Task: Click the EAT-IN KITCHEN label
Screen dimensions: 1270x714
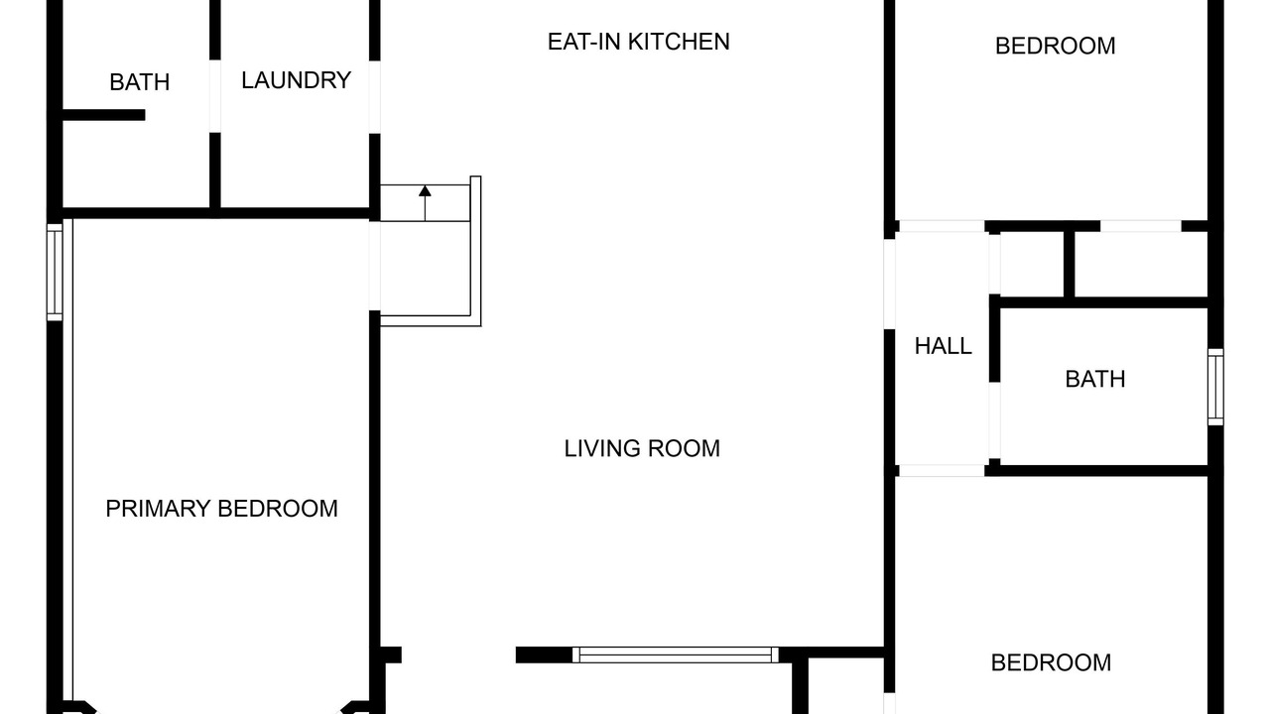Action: (x=638, y=42)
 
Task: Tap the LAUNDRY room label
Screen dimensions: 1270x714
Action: (x=296, y=80)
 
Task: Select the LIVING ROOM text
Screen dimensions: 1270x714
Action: (x=642, y=449)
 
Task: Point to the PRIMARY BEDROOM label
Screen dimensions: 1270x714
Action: (x=221, y=509)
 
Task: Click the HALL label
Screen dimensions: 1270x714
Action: (x=944, y=346)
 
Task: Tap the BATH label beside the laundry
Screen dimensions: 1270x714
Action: (x=140, y=82)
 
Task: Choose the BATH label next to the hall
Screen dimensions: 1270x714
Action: (x=1095, y=380)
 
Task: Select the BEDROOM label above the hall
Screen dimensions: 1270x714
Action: (x=1055, y=47)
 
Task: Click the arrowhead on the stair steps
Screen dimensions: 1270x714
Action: (x=425, y=191)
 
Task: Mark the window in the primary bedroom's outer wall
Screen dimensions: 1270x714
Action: (x=55, y=272)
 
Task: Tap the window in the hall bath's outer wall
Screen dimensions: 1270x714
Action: (x=1215, y=387)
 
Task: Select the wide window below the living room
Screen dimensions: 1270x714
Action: (x=676, y=655)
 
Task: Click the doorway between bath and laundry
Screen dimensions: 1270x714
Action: (x=215, y=96)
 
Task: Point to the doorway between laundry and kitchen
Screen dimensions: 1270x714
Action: (x=375, y=97)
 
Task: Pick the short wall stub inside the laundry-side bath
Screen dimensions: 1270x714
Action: (x=103, y=115)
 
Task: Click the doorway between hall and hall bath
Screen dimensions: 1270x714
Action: (x=994, y=421)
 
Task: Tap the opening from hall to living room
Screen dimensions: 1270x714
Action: (x=890, y=285)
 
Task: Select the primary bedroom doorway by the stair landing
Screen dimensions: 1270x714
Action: (x=375, y=266)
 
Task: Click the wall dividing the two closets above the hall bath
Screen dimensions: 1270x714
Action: (x=1070, y=264)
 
